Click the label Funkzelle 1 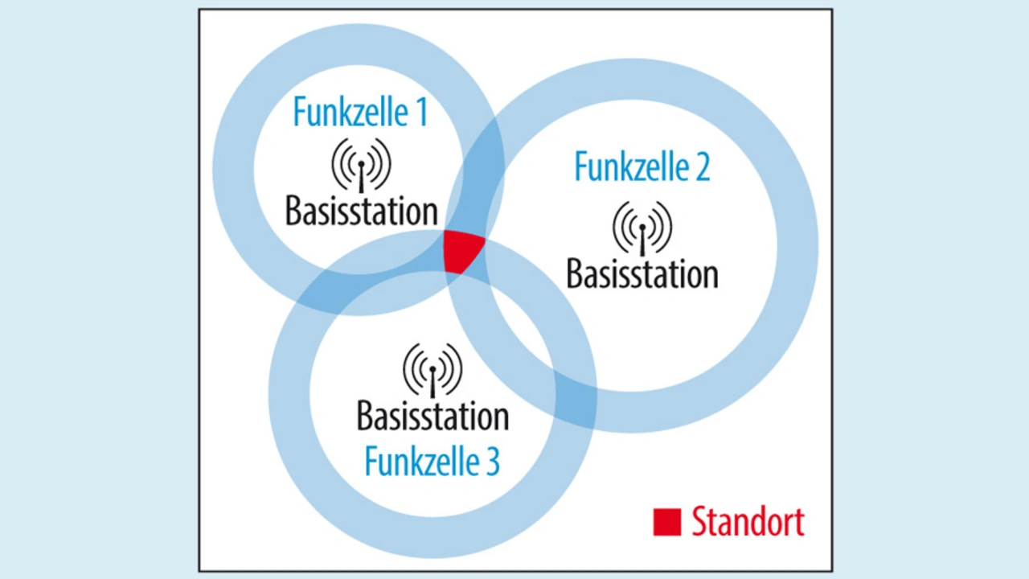(359, 113)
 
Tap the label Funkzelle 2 (642, 166)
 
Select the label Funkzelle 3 (432, 462)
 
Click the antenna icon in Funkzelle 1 (361, 165)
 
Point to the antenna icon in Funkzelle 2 (642, 228)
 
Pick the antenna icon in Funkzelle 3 (433, 370)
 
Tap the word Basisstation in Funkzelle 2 (642, 274)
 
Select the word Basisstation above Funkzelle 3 (433, 417)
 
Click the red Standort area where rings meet (461, 250)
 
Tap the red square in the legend (667, 522)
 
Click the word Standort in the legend (748, 522)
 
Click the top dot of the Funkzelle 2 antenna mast (642, 227)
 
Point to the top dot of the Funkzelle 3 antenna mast (433, 369)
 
